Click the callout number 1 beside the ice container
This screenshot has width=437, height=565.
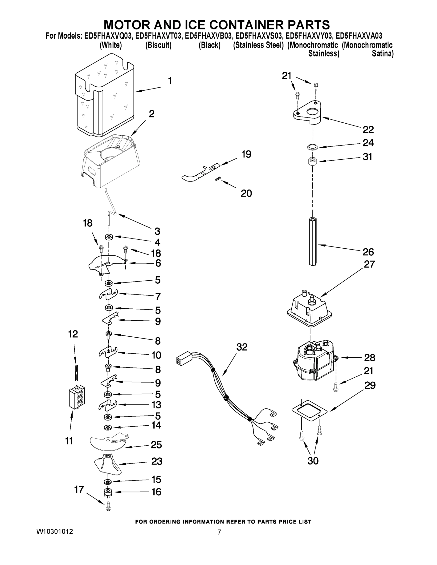tap(170, 81)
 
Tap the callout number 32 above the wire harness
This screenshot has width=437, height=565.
tap(242, 347)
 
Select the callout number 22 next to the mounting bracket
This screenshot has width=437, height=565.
tap(368, 130)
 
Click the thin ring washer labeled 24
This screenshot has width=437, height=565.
tap(312, 147)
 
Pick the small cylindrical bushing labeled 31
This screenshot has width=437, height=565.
tap(312, 162)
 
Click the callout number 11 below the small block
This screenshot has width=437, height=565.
tap(69, 441)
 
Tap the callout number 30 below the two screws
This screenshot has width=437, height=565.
tap(313, 461)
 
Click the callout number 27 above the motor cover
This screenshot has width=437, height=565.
tap(369, 264)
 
